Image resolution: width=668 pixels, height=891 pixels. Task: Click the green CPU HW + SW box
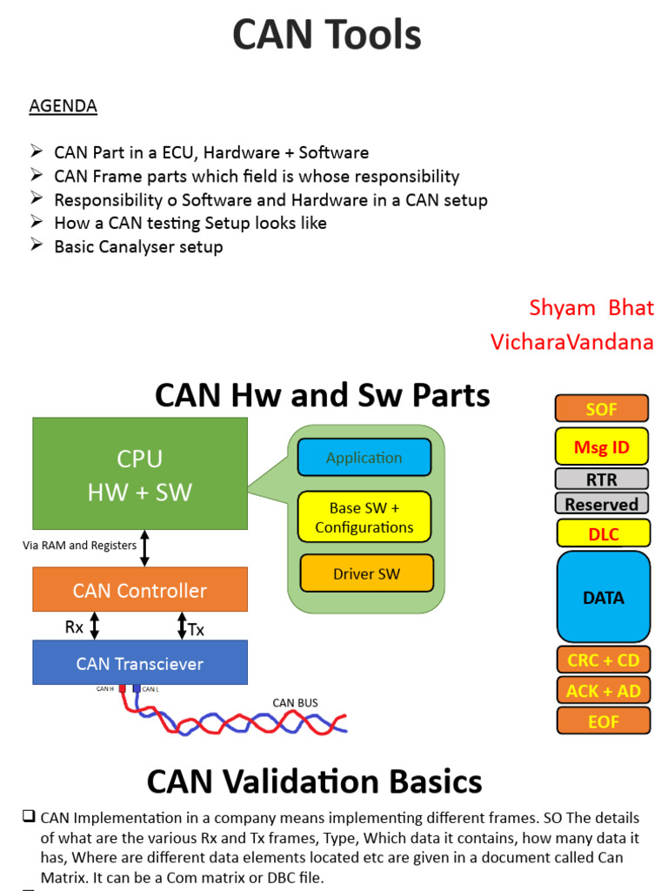(139, 474)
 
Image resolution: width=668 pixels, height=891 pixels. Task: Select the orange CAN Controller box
(139, 590)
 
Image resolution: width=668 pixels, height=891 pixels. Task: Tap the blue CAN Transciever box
(139, 663)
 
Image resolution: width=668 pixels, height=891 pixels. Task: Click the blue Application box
(364, 458)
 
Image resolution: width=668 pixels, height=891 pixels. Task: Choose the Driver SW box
(366, 573)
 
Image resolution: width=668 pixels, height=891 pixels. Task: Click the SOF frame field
(602, 409)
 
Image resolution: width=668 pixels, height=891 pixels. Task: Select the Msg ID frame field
(602, 447)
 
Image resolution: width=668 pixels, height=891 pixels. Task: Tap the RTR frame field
(602, 479)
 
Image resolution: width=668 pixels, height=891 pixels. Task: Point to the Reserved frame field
(602, 504)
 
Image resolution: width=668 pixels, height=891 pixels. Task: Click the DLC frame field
(603, 533)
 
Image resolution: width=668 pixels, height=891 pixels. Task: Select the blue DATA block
(603, 598)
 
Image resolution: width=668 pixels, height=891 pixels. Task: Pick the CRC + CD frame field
(603, 660)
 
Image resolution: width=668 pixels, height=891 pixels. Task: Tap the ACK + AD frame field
(603, 691)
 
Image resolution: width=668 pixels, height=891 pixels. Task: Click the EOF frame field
(603, 721)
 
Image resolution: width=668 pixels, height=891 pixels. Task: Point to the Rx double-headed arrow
(95, 626)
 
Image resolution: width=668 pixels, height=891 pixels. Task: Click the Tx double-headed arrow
(182, 626)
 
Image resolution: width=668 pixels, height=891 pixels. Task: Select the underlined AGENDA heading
(63, 106)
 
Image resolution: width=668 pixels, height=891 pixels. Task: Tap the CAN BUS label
(295, 702)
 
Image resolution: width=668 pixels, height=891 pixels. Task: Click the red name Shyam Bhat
(591, 308)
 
